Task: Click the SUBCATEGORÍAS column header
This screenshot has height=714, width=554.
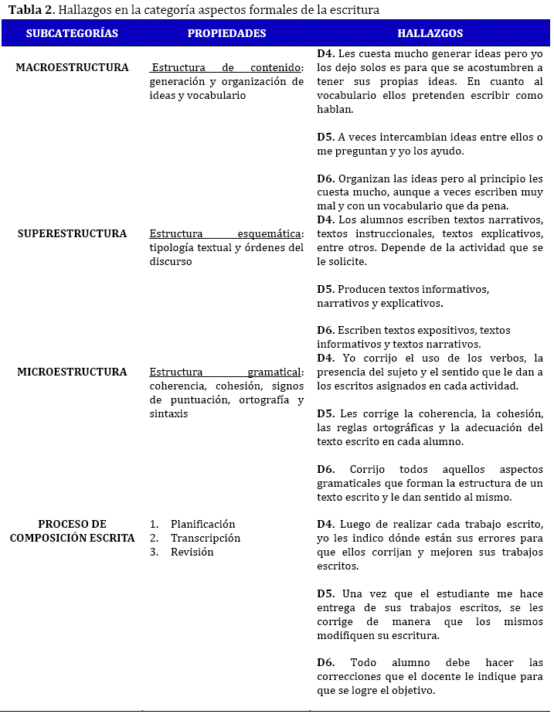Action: [x=72, y=33]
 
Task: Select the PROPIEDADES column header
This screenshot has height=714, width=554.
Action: [x=226, y=33]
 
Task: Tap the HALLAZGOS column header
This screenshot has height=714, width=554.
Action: [x=430, y=33]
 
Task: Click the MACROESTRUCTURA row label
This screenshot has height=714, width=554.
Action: [x=72, y=67]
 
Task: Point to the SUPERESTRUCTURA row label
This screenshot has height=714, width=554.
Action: [x=72, y=233]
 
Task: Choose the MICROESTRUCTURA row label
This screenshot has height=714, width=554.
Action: [x=72, y=372]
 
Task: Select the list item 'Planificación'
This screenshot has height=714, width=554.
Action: [x=202, y=524]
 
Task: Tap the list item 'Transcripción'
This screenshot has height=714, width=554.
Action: [x=206, y=538]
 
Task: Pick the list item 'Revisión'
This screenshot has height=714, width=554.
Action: [x=192, y=552]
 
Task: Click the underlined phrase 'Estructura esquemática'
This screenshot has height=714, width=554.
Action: [x=226, y=233]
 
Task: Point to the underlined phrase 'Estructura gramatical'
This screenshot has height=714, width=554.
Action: [x=226, y=372]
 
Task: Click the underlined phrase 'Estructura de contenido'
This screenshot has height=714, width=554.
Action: [x=226, y=68]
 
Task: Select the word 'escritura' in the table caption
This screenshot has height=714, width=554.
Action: [x=355, y=9]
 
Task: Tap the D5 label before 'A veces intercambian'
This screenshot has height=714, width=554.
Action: [x=325, y=137]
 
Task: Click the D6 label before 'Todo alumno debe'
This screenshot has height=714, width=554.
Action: [x=325, y=662]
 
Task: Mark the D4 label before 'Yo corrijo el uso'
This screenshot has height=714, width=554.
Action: [x=325, y=358]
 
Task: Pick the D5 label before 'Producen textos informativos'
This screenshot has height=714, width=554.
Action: [x=325, y=289]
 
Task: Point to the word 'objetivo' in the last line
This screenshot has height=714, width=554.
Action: [x=410, y=690]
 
